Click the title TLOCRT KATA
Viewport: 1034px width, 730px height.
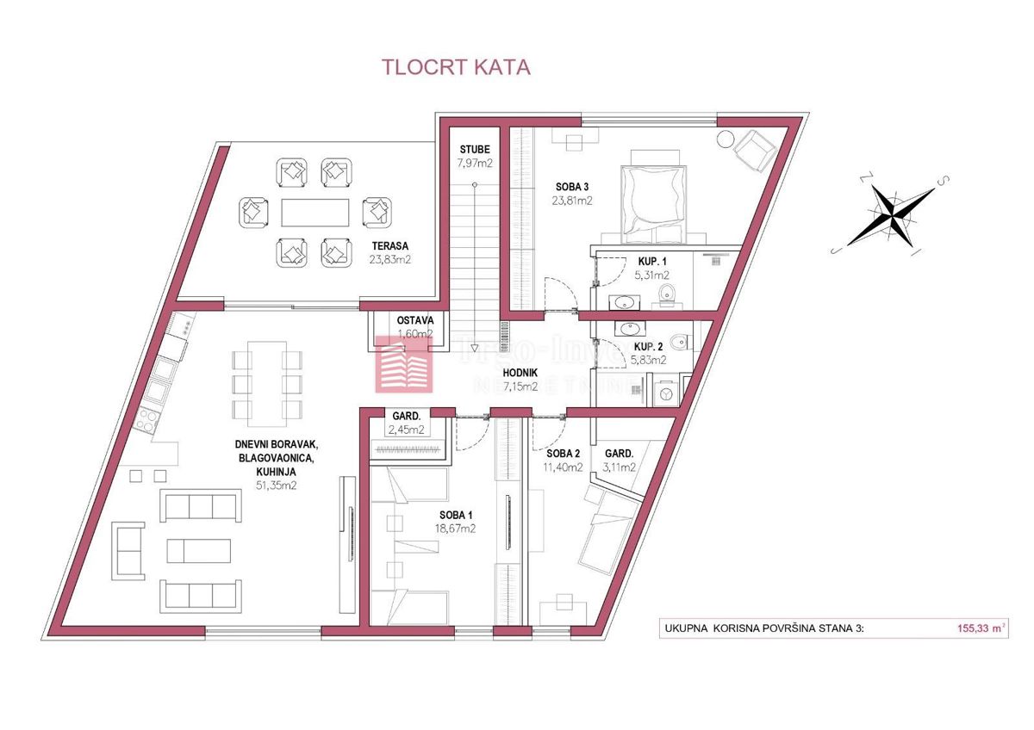coord(456,67)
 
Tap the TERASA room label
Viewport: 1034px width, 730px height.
coord(386,244)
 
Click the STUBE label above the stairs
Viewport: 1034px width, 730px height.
coord(475,149)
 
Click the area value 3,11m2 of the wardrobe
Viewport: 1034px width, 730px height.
coord(620,467)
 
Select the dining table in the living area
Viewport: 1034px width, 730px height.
coord(258,379)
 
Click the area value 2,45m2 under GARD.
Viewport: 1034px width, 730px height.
coord(405,430)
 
